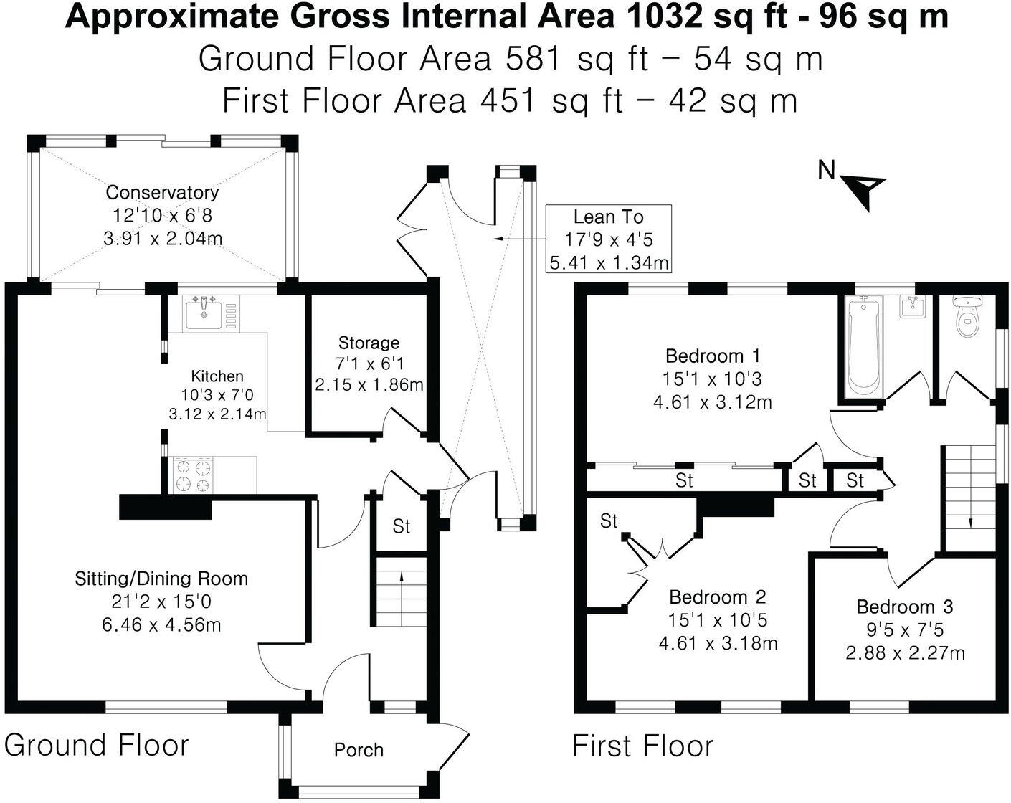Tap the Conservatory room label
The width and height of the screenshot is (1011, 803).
[162, 192]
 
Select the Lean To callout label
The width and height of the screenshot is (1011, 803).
[608, 217]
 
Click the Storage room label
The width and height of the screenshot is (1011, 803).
[369, 343]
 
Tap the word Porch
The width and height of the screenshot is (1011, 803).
[359, 750]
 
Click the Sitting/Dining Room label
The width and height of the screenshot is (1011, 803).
[161, 579]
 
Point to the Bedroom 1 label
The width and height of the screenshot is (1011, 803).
[713, 356]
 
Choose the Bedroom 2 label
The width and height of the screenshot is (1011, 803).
[718, 597]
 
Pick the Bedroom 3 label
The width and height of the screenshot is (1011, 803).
[905, 607]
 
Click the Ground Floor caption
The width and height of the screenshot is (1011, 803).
[96, 746]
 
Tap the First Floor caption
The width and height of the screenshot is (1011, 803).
[642, 746]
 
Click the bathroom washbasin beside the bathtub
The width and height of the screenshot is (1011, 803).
[912, 307]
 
